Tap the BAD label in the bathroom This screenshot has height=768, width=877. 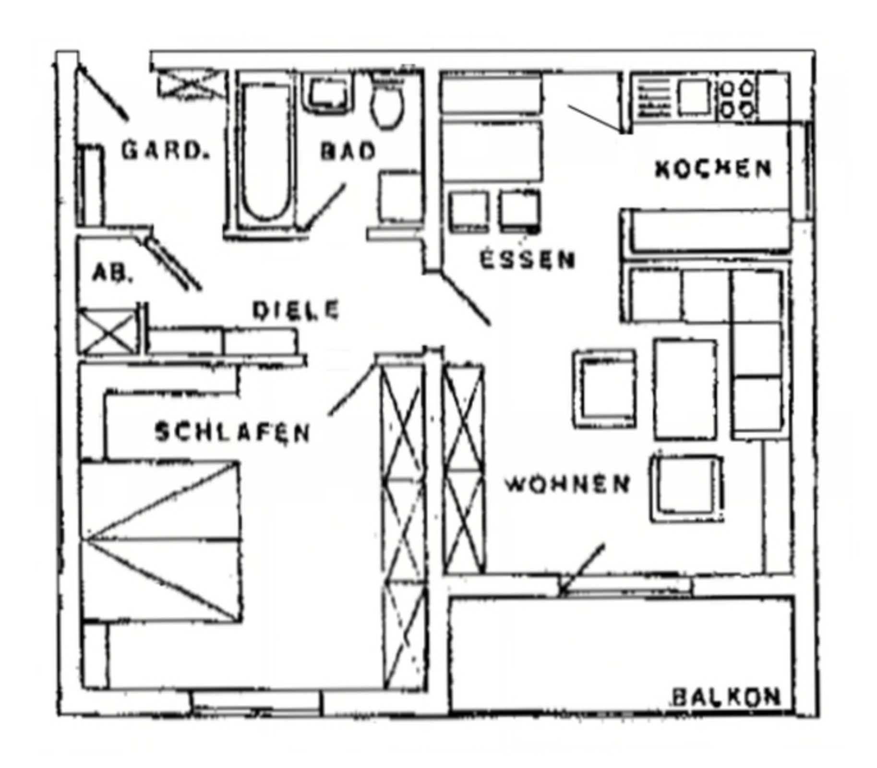point(348,151)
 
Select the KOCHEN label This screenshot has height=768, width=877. point(712,168)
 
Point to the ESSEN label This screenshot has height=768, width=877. point(527,260)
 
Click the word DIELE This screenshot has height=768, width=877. point(296,310)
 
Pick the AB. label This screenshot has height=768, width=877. point(111,273)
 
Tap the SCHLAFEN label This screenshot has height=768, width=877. point(232,432)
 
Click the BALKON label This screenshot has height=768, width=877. point(726,697)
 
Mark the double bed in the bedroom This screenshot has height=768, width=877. point(161,540)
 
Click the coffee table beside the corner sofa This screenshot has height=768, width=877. point(685,389)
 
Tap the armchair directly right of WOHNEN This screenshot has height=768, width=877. point(687,489)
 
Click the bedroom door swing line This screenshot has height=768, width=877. point(351,390)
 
